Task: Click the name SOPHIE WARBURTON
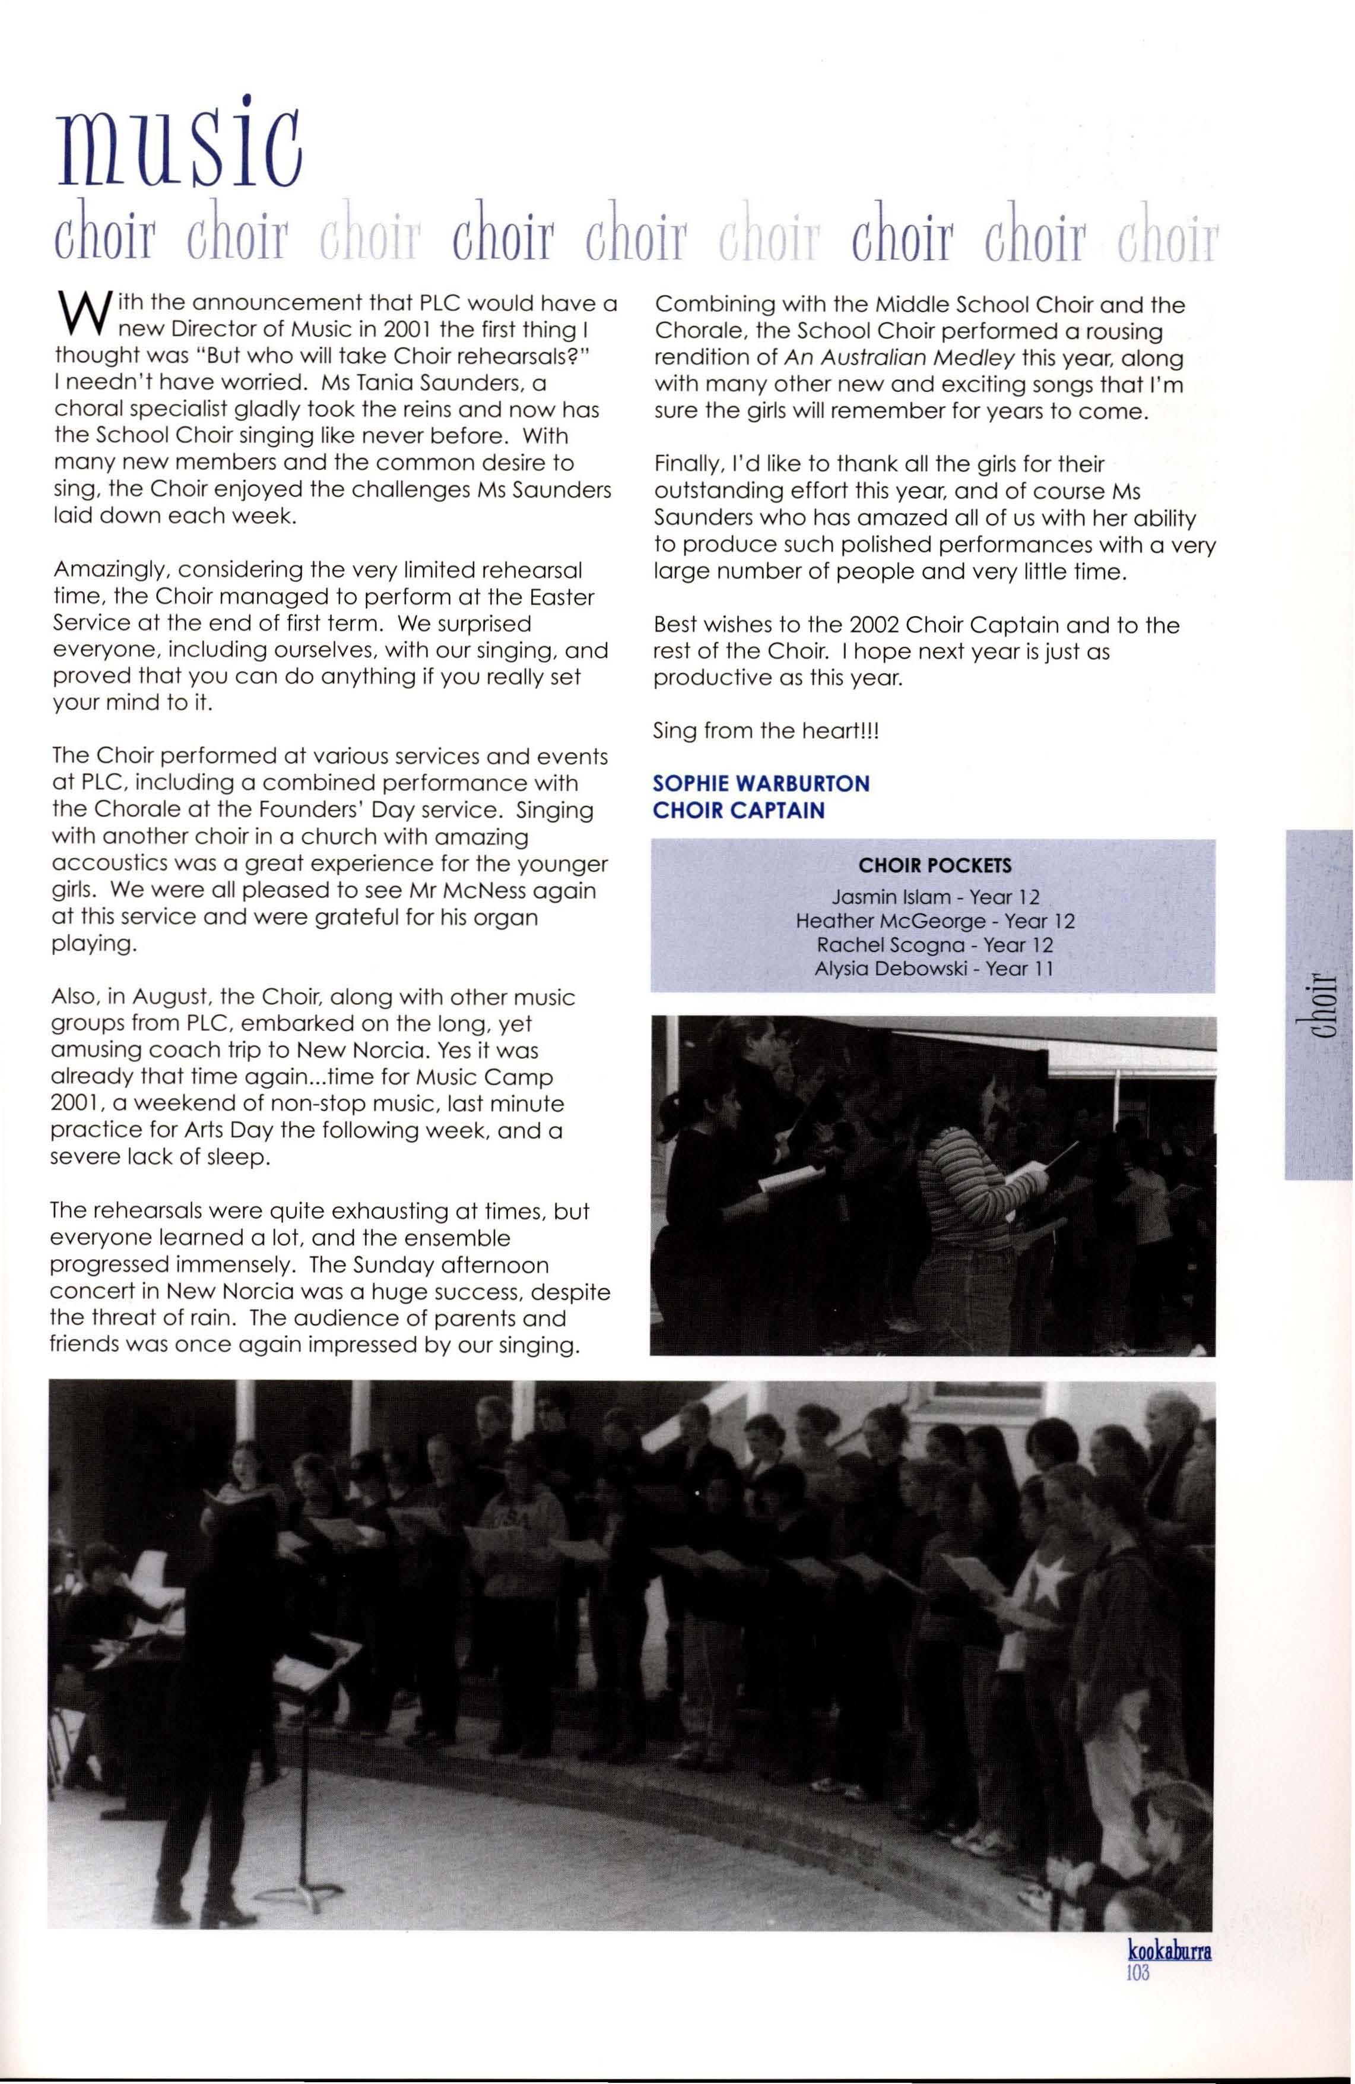[761, 783]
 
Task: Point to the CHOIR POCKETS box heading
[935, 866]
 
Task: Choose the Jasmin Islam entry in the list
[935, 897]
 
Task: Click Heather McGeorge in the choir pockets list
[935, 921]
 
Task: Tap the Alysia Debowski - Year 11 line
[935, 969]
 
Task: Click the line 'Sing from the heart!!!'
[765, 731]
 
